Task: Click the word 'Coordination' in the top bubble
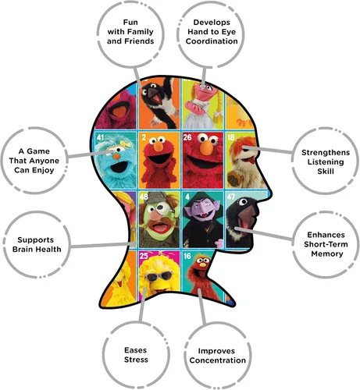click(212, 41)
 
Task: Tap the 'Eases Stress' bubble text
click(136, 355)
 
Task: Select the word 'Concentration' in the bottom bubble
click(218, 360)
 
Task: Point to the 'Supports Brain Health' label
click(37, 244)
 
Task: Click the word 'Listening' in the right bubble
click(326, 162)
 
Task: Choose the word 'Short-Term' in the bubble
click(326, 244)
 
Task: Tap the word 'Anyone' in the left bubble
click(47, 161)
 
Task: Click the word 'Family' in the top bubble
click(141, 32)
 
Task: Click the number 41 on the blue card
click(100, 136)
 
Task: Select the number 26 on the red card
click(187, 136)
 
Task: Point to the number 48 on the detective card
click(144, 197)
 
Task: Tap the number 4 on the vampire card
click(187, 197)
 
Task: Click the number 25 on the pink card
click(144, 256)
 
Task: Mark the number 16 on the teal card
click(187, 256)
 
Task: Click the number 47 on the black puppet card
click(231, 197)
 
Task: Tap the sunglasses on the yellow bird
click(159, 276)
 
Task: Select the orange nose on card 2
click(158, 146)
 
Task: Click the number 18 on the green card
click(231, 136)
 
